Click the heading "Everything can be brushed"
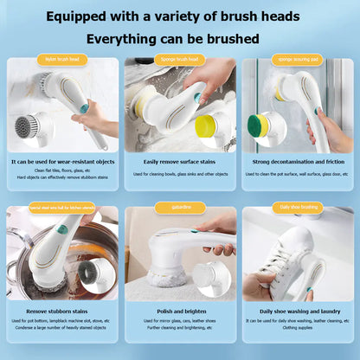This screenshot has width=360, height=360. [180, 39]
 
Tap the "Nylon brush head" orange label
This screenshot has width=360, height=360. [62, 60]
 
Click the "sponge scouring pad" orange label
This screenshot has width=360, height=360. [298, 60]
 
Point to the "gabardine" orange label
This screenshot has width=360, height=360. [179, 208]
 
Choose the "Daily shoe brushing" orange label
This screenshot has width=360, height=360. [298, 208]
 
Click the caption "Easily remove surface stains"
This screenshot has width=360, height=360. [180, 161]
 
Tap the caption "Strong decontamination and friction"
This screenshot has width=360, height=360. [298, 161]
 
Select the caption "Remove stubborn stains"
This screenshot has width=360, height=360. [61, 310]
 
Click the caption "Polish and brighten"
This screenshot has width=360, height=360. [180, 310]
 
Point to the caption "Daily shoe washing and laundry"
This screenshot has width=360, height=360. [298, 310]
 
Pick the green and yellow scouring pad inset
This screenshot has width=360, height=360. [262, 126]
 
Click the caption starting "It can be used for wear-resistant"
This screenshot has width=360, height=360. [61, 161]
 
